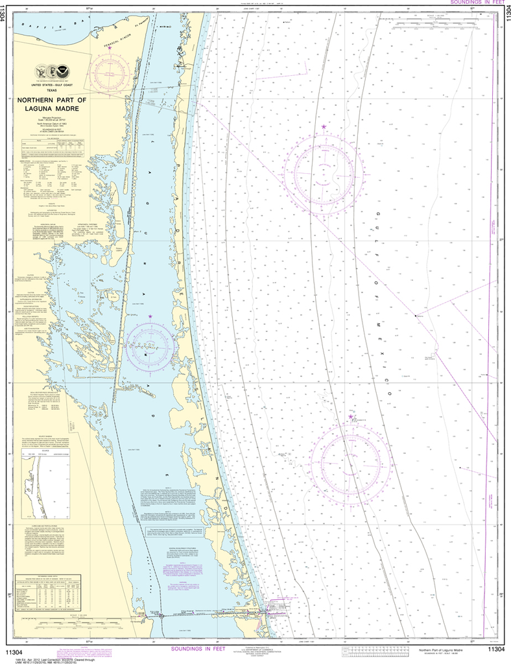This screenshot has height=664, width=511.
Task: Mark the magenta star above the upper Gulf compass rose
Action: pyautogui.click(x=324, y=126)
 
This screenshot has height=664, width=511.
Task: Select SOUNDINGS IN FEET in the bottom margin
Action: pyautogui.click(x=203, y=649)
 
